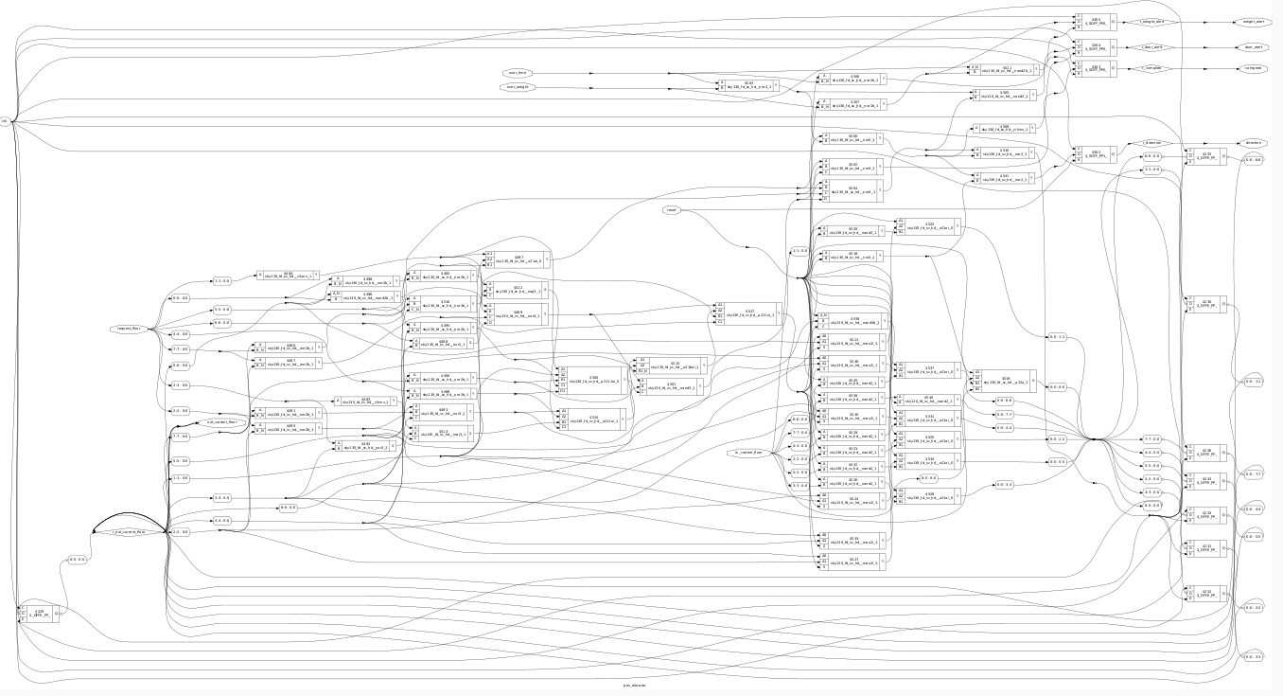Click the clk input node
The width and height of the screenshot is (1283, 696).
pyautogui.click(x=6, y=121)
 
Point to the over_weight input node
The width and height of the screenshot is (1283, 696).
pyautogui.click(x=516, y=87)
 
